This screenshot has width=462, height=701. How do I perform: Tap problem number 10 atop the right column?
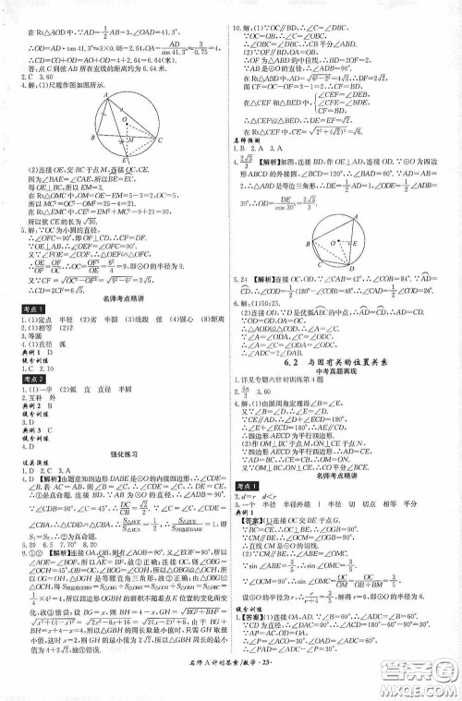click(x=237, y=6)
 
